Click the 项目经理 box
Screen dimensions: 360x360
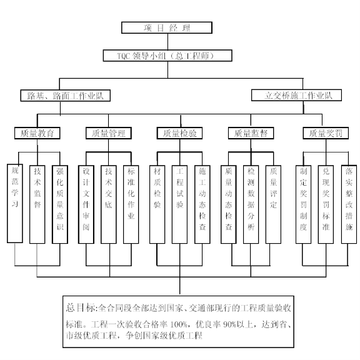pos(167,27)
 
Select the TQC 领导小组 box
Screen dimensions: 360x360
pos(167,56)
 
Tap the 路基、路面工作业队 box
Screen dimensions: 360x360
pos(66,96)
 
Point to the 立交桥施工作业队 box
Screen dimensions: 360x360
pos(296,95)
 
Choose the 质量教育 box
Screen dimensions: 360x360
pos(37,133)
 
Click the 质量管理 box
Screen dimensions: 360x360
pos(109,133)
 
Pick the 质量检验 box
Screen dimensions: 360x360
pos(179,133)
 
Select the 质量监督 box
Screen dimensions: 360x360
pos(251,133)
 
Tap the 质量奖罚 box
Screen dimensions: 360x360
pos(326,133)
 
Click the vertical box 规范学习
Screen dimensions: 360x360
pos(15,203)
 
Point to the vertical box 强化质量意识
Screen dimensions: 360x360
pos(60,204)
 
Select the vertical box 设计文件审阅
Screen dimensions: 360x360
pos(86,204)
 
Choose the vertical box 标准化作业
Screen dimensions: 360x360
pos(131,204)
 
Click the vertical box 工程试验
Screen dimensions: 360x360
pos(179,204)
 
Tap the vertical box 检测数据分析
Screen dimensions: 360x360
pos(251,204)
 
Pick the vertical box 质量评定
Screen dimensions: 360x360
pos(274,204)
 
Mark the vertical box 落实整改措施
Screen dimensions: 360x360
pos(349,204)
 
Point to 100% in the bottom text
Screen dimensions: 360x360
pos(178,324)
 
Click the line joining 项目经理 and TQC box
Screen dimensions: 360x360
pos(167,42)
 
